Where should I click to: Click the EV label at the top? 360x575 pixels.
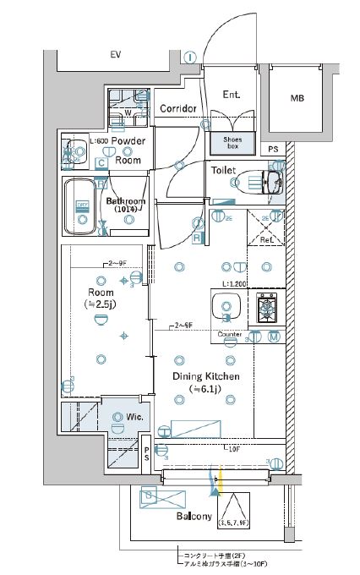[114, 56]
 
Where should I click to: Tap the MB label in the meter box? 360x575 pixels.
[297, 98]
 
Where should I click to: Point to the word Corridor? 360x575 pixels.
[178, 108]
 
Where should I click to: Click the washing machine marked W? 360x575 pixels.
[128, 109]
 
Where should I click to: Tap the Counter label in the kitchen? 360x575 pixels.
[230, 336]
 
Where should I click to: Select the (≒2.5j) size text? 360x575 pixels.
[101, 304]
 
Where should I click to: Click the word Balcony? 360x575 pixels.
[194, 516]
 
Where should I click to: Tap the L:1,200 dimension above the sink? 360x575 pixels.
[233, 285]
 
